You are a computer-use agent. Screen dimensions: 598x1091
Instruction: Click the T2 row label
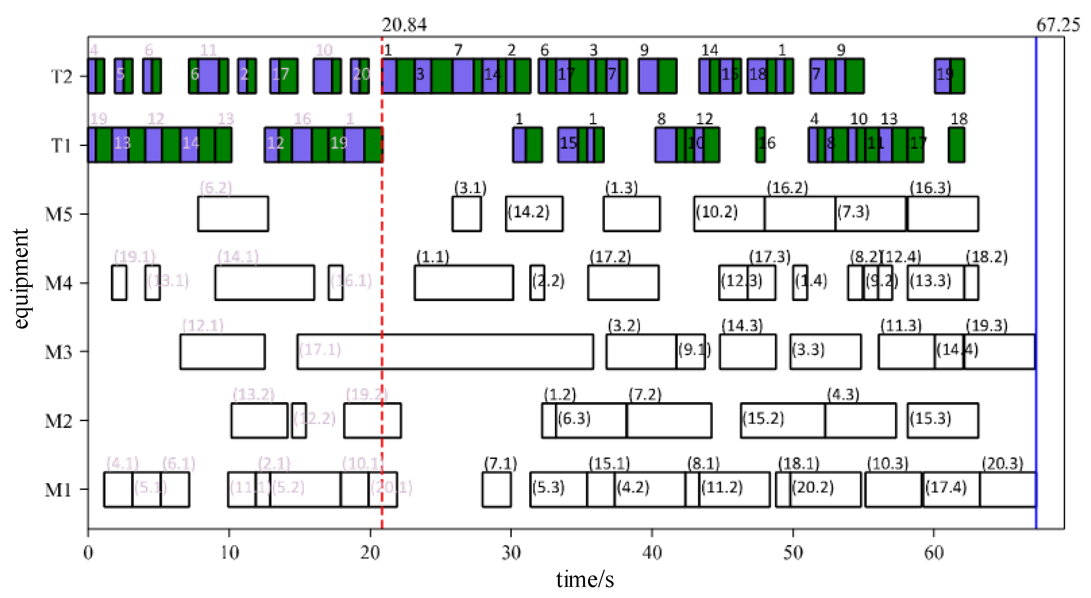coord(61,77)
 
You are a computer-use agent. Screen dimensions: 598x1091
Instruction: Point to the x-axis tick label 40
coord(651,553)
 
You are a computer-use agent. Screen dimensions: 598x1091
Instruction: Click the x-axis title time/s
coord(585,579)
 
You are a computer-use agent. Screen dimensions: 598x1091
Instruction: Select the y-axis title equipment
coord(20,279)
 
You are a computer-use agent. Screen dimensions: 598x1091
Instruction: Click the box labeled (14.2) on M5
coord(533,214)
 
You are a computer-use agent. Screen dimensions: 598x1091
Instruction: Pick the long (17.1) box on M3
coord(445,351)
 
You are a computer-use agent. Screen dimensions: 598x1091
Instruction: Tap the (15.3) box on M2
coord(942,420)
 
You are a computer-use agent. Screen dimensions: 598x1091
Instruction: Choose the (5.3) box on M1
coord(558,489)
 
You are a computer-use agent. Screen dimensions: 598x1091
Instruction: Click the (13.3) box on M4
coord(935,282)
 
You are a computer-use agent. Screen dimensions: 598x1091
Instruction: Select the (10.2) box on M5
coord(728,214)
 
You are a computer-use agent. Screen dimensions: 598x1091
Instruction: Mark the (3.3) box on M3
coord(825,351)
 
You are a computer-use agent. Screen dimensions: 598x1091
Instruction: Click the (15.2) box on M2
coord(782,420)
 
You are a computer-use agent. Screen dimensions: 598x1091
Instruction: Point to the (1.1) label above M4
coord(432,257)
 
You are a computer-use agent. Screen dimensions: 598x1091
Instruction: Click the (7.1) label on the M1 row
coord(500,463)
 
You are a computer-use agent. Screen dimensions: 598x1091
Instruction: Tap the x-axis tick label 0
coord(88,553)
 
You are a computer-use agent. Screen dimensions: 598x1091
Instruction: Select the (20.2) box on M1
coord(825,489)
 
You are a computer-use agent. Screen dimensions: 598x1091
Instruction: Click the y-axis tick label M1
coord(58,490)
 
